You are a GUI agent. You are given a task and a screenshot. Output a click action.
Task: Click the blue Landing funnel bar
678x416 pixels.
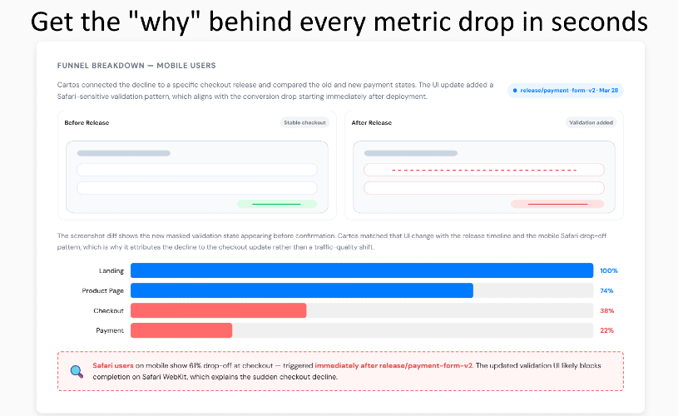pos(362,270)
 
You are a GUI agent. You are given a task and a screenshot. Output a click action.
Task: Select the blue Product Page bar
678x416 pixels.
pos(302,290)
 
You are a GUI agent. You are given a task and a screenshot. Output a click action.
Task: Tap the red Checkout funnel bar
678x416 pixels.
pos(218,310)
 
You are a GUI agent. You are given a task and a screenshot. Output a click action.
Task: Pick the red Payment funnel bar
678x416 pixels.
pos(181,330)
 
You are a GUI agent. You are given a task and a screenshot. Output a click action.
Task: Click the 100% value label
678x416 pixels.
pos(609,270)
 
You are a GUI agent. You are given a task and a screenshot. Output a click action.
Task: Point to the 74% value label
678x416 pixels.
pos(606,290)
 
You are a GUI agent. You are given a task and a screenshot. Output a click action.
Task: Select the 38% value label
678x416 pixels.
pos(607,310)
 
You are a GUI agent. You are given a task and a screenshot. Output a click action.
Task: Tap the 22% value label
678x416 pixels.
pos(607,330)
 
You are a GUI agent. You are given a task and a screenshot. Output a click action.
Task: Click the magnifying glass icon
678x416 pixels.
pos(77,371)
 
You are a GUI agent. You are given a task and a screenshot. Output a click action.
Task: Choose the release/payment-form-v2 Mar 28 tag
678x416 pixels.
pos(566,91)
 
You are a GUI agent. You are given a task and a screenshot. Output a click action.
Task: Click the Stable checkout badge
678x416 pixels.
pos(304,123)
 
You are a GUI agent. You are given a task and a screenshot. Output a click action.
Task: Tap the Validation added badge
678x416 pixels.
pos(591,123)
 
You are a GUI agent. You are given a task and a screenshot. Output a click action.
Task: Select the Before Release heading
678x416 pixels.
pos(87,123)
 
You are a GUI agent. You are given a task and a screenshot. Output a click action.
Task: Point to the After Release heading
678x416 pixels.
pos(371,123)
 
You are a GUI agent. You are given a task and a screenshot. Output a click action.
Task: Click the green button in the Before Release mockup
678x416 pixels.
pos(277,204)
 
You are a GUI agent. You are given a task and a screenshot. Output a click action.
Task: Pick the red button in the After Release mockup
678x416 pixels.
pos(557,204)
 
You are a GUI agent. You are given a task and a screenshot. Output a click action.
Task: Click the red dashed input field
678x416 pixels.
pos(484,170)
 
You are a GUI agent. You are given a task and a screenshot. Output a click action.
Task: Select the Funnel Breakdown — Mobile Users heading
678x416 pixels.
pos(136,66)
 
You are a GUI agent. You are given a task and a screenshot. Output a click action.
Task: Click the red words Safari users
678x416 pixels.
pos(113,365)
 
